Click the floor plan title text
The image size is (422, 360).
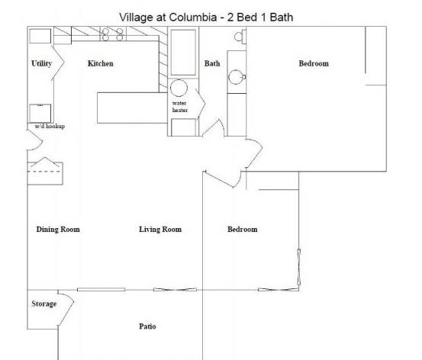click(x=206, y=18)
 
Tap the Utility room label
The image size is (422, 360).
click(x=41, y=63)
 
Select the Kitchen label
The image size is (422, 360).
click(x=101, y=63)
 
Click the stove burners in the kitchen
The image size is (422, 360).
click(x=113, y=34)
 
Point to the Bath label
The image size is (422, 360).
click(x=212, y=63)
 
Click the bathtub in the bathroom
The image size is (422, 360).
click(x=183, y=53)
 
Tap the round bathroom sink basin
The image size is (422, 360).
click(x=236, y=77)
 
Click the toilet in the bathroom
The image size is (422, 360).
click(x=240, y=37)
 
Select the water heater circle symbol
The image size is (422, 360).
click(x=179, y=88)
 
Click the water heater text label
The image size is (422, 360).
click(x=180, y=107)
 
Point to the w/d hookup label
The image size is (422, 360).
click(x=50, y=126)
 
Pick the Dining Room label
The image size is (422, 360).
click(x=58, y=230)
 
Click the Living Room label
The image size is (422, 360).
click(x=160, y=230)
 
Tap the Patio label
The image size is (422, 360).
click(x=147, y=326)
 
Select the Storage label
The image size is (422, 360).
click(x=44, y=304)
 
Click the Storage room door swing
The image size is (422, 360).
click(x=66, y=310)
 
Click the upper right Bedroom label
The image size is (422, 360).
click(x=314, y=63)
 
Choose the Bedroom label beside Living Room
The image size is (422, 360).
click(x=243, y=230)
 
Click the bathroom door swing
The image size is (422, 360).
click(x=213, y=128)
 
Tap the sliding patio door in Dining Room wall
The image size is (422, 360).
click(x=101, y=290)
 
